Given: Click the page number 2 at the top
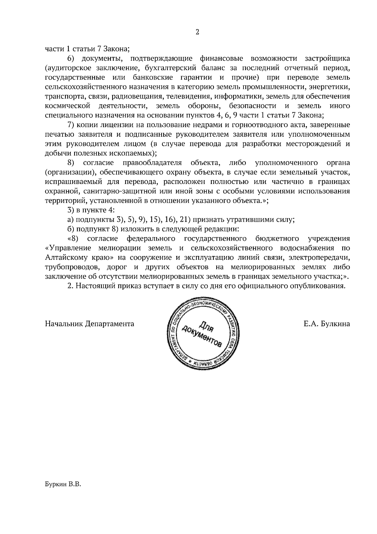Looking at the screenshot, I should coord(197,32).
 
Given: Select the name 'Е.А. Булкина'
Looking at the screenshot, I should coord(327,324).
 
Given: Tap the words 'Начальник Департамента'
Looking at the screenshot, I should coord(90,324).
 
